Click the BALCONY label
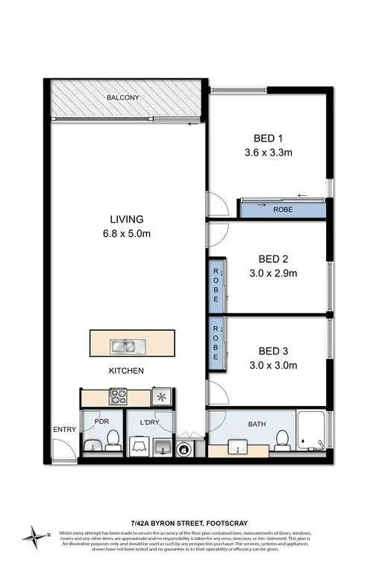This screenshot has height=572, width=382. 123,98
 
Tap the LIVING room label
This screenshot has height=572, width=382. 127,219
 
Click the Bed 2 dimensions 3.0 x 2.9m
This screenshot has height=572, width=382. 273,273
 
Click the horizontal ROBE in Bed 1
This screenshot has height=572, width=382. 283,209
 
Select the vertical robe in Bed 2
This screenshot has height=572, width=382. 216,285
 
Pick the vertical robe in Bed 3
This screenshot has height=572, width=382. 216,343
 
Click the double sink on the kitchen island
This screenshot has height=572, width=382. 124,346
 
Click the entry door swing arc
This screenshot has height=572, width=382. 63,448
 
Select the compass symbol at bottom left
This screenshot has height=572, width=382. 34,535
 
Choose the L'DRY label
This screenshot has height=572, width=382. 151,422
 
